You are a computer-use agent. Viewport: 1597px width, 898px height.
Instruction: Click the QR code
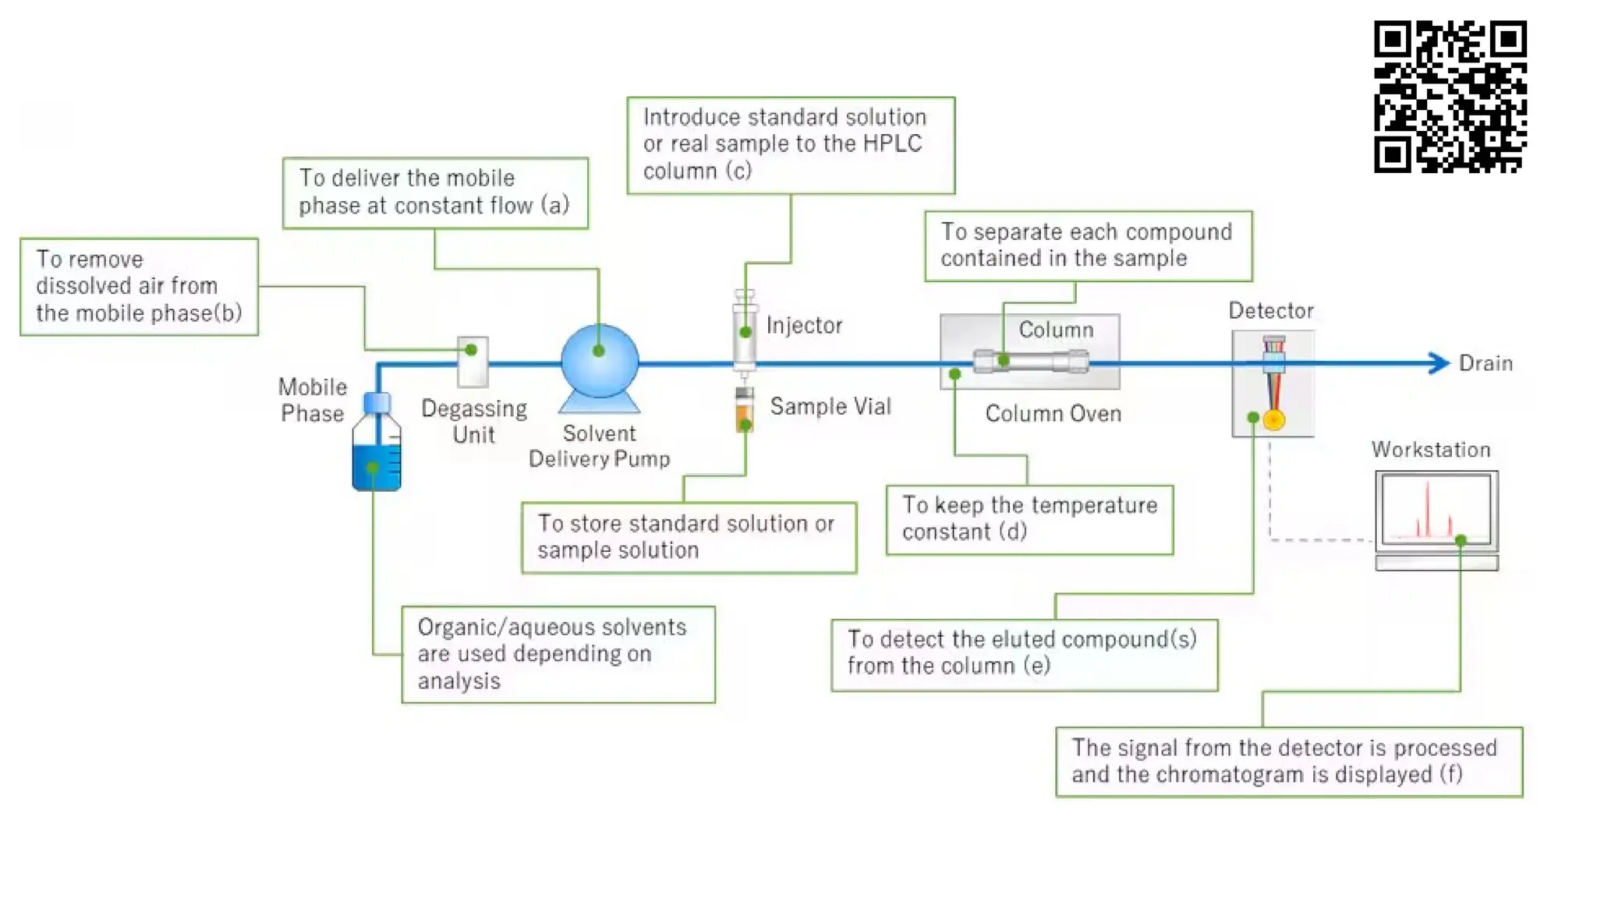tap(1450, 97)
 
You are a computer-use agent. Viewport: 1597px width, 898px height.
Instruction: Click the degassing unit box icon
tap(473, 362)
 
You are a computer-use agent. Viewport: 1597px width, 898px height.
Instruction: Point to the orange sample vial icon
tap(745, 411)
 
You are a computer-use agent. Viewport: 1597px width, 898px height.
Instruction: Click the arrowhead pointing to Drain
tap(1438, 363)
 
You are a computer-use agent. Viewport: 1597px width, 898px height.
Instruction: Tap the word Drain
tap(1485, 363)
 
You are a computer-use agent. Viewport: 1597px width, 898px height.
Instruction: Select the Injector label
tap(804, 325)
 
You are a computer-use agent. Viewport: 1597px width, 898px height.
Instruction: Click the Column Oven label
tap(1053, 413)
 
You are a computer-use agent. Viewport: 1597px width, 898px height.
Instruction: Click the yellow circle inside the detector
tap(1273, 420)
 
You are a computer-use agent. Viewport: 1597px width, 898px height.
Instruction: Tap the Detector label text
tap(1271, 310)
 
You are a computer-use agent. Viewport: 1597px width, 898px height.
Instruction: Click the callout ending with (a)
tap(435, 193)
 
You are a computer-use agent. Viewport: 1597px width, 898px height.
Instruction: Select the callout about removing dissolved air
tap(139, 286)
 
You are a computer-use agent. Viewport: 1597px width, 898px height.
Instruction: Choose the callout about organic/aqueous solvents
tap(558, 654)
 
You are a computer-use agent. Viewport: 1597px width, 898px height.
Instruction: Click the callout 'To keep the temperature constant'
tap(1029, 519)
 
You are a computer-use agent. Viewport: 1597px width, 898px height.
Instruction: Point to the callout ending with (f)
tap(1288, 761)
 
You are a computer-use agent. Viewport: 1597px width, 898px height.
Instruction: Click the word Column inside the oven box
tap(1056, 330)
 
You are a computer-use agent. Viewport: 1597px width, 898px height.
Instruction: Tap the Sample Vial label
tap(830, 406)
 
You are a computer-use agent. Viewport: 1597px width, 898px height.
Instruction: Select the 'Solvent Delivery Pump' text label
tap(599, 446)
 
